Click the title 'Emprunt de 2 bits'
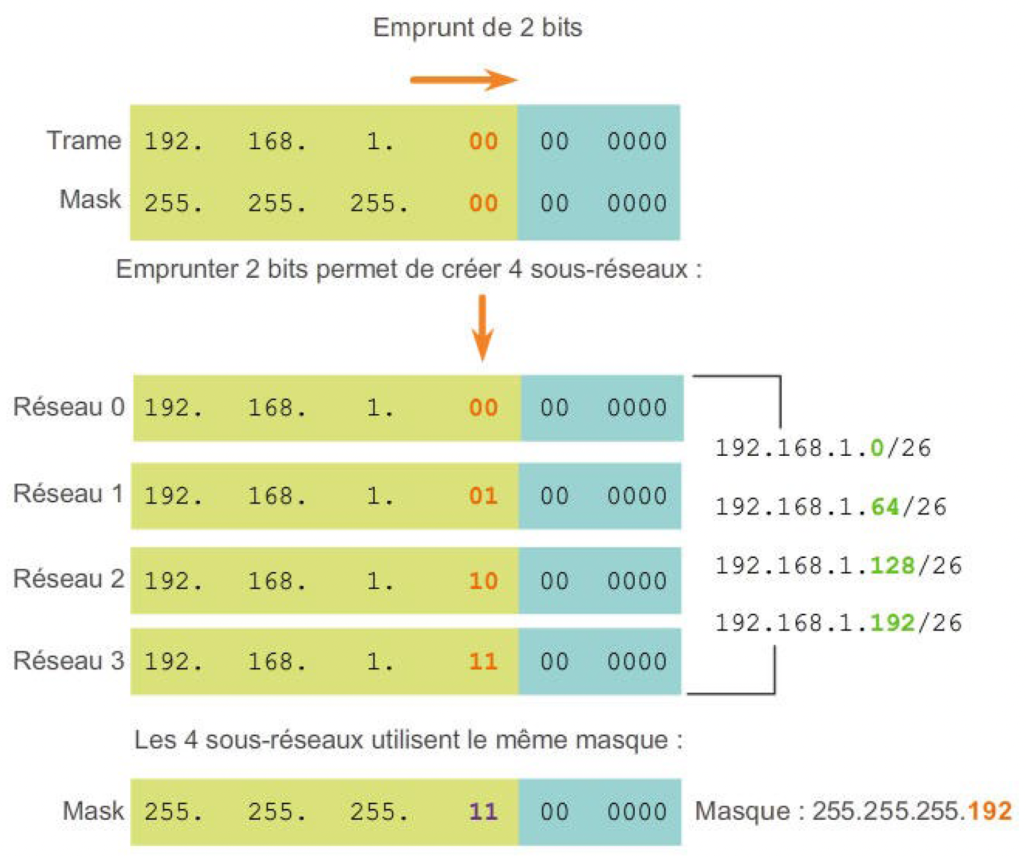click(477, 28)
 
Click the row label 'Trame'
click(84, 140)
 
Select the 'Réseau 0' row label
click(69, 407)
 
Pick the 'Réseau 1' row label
click(69, 494)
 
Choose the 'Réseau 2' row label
click(69, 579)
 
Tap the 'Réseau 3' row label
click(69, 660)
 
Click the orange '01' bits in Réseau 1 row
click(483, 496)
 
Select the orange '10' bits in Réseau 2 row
click(483, 581)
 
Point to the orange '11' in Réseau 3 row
click(483, 662)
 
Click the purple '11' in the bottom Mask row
click(483, 811)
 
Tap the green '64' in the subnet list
click(885, 507)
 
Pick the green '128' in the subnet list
click(892, 565)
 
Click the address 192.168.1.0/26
click(823, 447)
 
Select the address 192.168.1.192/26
click(838, 622)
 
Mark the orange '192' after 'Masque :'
click(990, 811)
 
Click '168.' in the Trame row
click(277, 141)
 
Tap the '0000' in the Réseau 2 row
click(637, 581)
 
